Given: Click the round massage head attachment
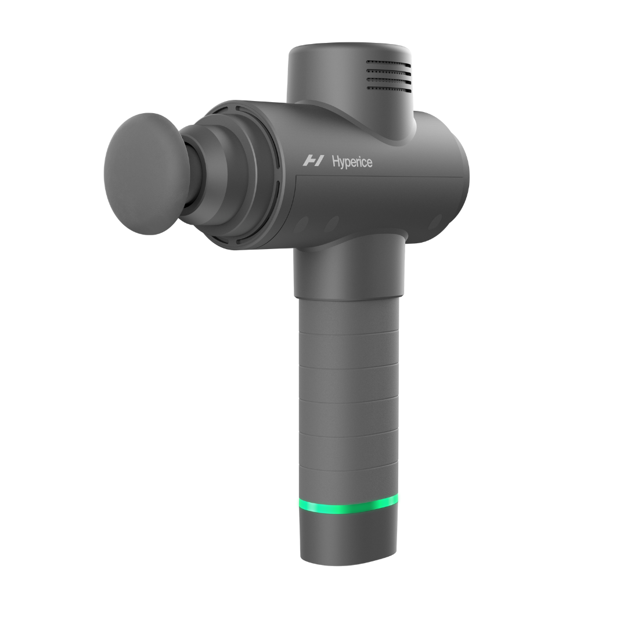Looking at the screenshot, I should coord(142,174).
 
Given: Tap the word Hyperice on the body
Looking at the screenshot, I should coord(352,161).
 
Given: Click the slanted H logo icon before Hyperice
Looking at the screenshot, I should coord(313,160).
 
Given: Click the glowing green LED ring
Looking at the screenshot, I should coord(348,505).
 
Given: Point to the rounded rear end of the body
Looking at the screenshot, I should coord(453,174).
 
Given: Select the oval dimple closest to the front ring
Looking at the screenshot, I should coord(301,225).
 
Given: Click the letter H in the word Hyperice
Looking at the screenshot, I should coord(336,161).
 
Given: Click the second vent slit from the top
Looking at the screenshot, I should coord(389,73).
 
